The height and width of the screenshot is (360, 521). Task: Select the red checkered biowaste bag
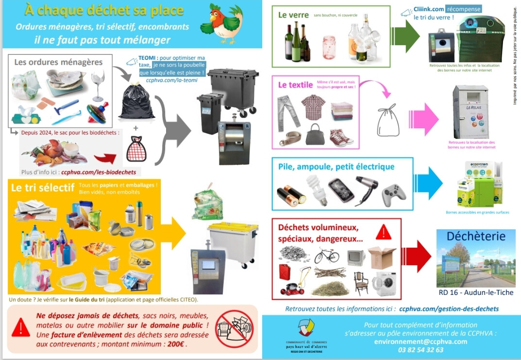coord(136,149)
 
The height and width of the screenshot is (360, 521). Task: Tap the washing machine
coord(384,283)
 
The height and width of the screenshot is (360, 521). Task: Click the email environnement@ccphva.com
coord(420,341)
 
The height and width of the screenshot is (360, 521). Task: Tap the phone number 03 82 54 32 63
coord(420,350)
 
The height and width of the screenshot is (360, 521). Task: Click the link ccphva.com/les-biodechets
coord(101,171)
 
